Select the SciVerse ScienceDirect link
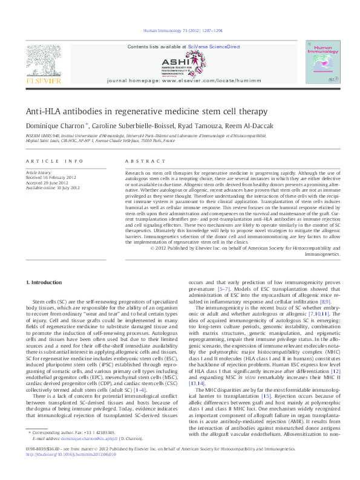click(214, 47)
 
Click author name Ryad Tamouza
click(202, 126)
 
